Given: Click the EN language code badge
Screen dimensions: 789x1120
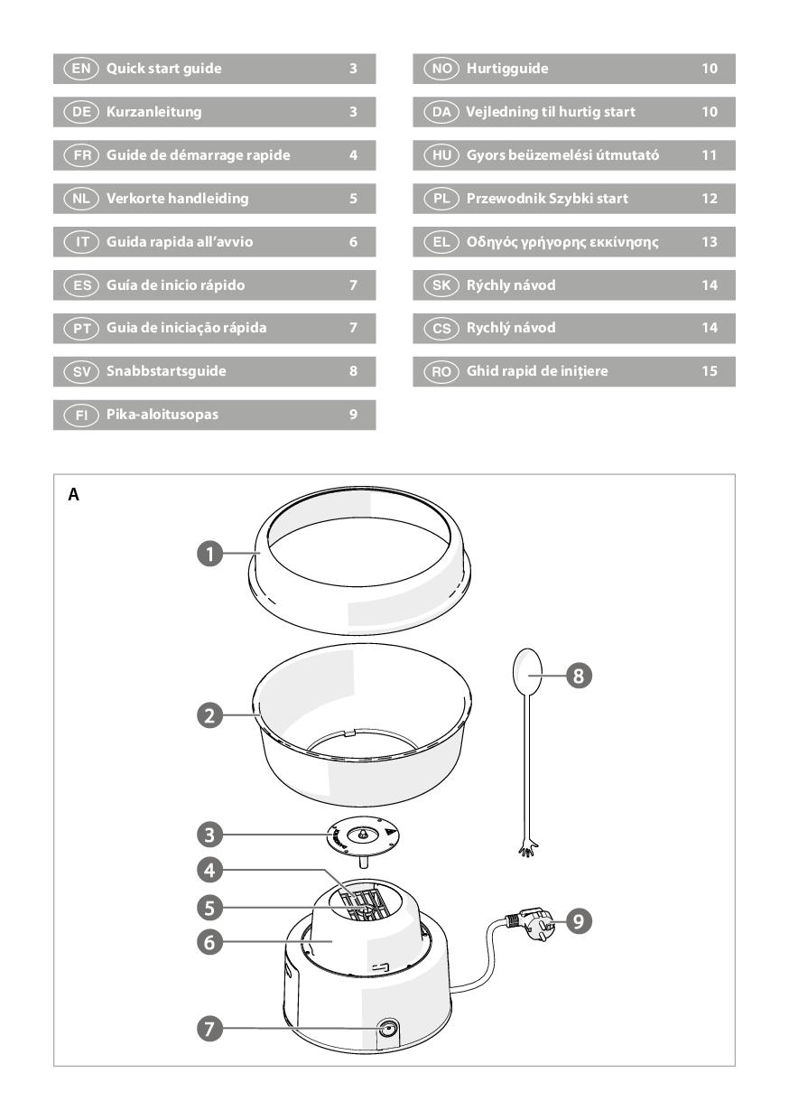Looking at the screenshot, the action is tap(81, 69).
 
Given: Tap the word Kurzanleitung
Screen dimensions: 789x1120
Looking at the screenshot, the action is tap(153, 112).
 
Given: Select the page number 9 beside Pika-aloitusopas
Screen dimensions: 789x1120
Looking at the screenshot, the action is tap(353, 415).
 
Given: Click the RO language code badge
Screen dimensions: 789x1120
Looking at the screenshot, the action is tap(441, 371).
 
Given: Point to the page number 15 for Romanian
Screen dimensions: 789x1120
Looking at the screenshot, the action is tap(710, 371).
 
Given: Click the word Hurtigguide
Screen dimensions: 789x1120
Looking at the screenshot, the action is tap(507, 69).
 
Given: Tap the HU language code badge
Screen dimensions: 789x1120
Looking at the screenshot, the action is tap(441, 155).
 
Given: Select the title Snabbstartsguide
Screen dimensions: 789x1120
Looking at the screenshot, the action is tap(166, 371).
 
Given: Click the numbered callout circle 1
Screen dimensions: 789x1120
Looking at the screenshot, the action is tap(209, 554).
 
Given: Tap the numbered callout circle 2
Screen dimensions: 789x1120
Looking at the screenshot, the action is tap(209, 715).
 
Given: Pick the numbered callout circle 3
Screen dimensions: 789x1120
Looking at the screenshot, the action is tap(209, 835).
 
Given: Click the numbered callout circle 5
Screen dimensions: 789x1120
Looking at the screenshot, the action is tap(209, 908).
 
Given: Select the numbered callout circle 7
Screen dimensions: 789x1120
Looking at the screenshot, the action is tap(209, 1029).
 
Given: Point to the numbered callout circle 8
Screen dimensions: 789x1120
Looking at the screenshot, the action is tap(579, 676).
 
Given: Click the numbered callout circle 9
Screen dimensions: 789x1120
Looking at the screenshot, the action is tap(579, 920).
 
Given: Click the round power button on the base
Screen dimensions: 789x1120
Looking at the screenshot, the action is tap(388, 1029).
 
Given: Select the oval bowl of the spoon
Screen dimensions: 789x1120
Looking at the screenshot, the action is tap(527, 671).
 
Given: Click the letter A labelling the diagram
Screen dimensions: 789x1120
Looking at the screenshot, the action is tap(73, 494).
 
